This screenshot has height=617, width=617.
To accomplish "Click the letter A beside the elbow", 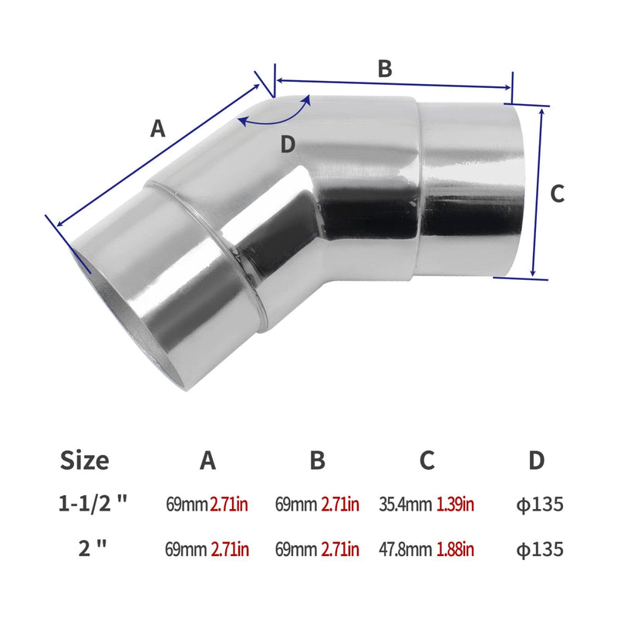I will point(157,129).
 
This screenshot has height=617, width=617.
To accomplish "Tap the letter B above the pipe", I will point(385,68).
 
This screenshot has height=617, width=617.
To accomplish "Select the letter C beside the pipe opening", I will point(558,194).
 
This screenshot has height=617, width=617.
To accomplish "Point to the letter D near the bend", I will point(288,144).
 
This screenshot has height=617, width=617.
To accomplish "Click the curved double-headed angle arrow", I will point(275,113).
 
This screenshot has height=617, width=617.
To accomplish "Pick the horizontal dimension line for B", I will point(393,84).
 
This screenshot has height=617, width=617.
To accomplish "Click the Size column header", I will point(84,460).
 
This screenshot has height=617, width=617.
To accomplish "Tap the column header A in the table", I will point(207,460).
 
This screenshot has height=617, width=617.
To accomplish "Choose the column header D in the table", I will point(537,460).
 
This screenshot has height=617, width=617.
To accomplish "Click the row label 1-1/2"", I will point(93,505).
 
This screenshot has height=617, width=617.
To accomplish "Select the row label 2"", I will point(92,549).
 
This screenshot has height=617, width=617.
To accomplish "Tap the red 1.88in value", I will point(455,549).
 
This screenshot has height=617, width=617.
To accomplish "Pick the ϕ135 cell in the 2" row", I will point(540,549).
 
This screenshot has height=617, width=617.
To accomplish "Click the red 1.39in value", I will point(455,505).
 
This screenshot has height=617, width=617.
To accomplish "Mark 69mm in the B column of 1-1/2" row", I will point(297,505).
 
